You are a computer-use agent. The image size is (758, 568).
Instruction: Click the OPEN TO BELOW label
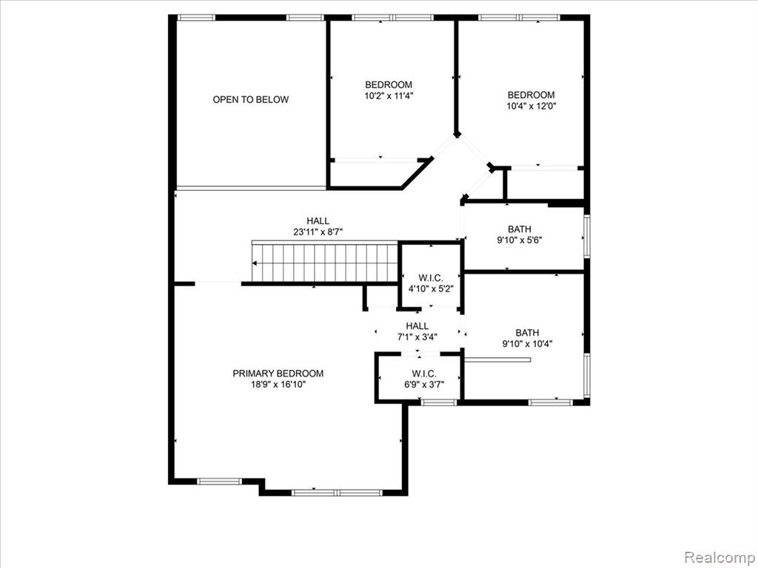(x=251, y=100)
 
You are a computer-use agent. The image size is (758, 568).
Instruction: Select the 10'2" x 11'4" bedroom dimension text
(x=389, y=95)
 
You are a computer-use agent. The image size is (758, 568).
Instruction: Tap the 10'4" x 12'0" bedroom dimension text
(x=531, y=106)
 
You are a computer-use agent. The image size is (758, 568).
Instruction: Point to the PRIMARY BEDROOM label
(x=278, y=373)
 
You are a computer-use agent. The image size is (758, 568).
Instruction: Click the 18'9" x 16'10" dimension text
(x=278, y=385)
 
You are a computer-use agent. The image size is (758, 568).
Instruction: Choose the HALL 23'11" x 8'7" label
(x=318, y=226)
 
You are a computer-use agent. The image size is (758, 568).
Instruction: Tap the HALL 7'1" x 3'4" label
(x=417, y=331)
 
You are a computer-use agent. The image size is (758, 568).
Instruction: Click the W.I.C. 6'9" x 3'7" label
(x=424, y=379)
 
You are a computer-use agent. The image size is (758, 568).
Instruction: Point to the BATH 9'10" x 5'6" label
(x=520, y=234)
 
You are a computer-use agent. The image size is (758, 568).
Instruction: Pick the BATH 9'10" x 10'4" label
(x=527, y=338)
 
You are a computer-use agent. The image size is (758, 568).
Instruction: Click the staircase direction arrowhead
(x=255, y=263)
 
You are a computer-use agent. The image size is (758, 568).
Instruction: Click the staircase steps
(x=325, y=263)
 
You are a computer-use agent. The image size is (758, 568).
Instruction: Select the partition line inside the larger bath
(x=497, y=359)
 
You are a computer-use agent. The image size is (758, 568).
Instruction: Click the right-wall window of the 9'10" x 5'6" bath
(x=587, y=236)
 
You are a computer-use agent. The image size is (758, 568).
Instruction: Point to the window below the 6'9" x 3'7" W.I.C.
(x=438, y=402)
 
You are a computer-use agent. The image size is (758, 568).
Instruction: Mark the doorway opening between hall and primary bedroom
(x=218, y=283)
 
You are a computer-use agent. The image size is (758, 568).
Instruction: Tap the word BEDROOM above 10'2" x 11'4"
(x=389, y=85)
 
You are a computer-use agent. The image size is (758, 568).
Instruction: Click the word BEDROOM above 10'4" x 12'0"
(x=531, y=95)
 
